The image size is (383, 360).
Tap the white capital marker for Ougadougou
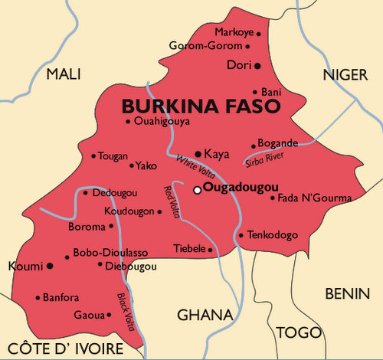pyautogui.click(x=197, y=189)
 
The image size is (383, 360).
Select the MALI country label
pyautogui.click(x=64, y=74)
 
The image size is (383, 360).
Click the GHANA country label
pyautogui.click(x=205, y=315)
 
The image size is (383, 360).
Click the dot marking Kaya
pyautogui.click(x=198, y=154)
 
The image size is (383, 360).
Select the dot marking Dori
pyautogui.click(x=257, y=66)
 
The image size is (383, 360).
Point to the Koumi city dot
pyautogui.click(x=50, y=266)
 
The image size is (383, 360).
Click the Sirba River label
pyautogui.click(x=264, y=159)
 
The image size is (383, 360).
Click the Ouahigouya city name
pyautogui.click(x=161, y=121)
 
